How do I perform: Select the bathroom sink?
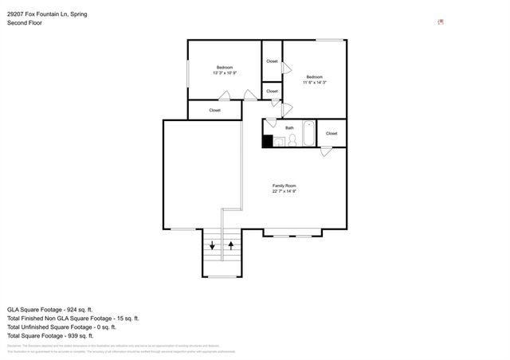[280, 142]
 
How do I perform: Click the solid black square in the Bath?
[268, 141]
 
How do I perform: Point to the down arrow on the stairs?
[213, 245]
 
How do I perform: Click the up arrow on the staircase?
[231, 245]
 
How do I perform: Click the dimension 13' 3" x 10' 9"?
[225, 72]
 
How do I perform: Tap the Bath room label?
[290, 127]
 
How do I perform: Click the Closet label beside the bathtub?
[331, 133]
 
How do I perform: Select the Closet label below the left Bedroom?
[215, 110]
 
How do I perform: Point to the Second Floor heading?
[25, 23]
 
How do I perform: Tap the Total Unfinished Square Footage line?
[61, 327]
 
